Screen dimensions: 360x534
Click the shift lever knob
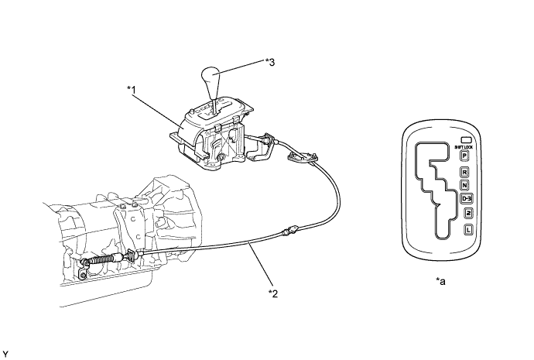pos(211,81)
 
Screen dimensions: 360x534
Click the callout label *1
pos(132,91)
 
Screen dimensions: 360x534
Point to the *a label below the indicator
pos(440,283)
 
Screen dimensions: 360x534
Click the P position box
pos(465,155)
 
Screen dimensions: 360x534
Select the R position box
pos(465,171)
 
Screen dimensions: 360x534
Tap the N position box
pos(465,185)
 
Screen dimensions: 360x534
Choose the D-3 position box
pos(467,199)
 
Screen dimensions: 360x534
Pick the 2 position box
pos(467,214)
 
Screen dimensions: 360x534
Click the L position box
pos(468,229)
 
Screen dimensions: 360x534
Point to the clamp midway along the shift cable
pos(291,229)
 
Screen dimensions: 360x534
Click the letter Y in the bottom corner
pos(5,353)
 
